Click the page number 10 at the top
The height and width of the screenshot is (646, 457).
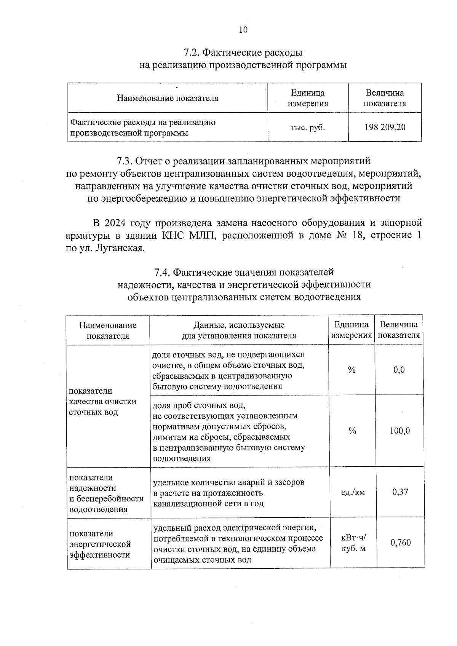coord(243,30)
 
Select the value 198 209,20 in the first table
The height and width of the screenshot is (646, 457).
coord(385,127)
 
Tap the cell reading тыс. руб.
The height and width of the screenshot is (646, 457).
coord(308,127)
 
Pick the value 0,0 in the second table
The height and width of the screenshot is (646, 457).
coord(399,370)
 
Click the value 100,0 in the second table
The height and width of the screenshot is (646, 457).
coord(399,431)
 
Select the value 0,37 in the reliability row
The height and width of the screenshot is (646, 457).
coord(400,492)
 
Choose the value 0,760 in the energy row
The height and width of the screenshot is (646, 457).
coord(401,542)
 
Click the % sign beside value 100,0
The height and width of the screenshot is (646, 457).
coord(352,431)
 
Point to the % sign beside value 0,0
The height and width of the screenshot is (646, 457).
coord(352,370)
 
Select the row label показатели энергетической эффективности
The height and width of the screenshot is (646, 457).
coord(100,544)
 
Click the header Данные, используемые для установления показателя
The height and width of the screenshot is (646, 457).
coord(239,330)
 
